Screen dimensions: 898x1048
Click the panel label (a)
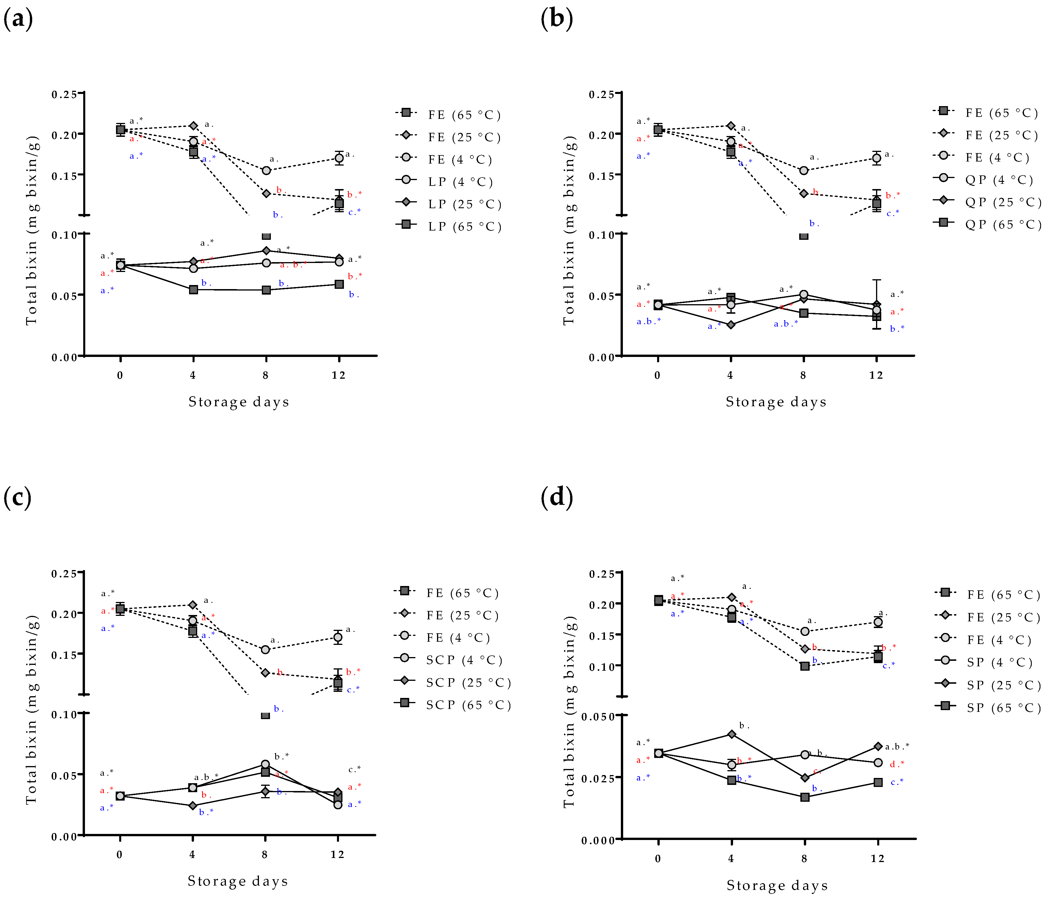pos(18,19)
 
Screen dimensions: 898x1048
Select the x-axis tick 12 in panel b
pos(876,375)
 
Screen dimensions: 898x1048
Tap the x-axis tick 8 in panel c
pos(264,855)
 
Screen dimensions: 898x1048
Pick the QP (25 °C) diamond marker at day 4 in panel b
pos(731,325)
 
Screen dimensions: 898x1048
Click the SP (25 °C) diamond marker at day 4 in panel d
pos(731,734)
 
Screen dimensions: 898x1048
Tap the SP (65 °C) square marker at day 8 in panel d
pos(805,797)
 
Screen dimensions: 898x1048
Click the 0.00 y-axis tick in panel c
pos(64,837)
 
